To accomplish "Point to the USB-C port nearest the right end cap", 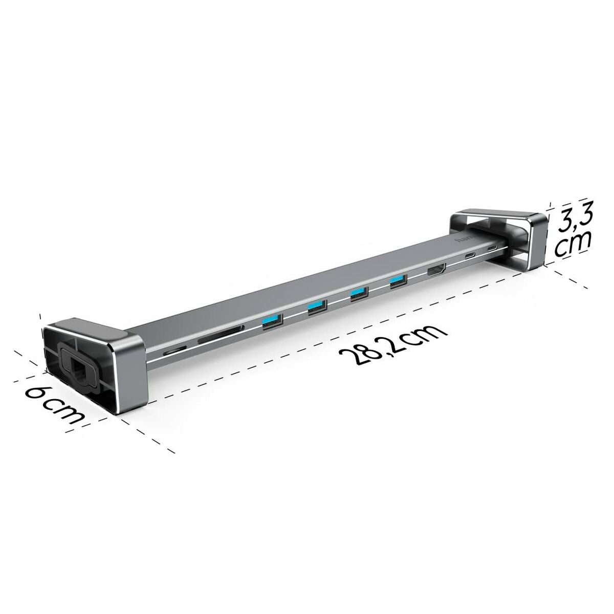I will (x=492, y=249).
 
